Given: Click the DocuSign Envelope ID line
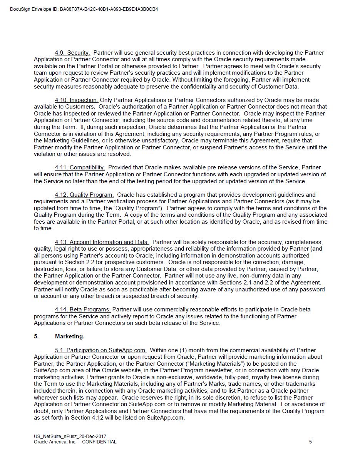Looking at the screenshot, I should pos(84,9).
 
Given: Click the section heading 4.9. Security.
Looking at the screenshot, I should pos(72,53).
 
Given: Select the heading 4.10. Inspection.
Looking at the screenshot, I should pos(76,100).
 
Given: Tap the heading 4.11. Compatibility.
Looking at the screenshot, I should pos(80,167).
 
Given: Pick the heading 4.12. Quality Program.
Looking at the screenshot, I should pos(84,195).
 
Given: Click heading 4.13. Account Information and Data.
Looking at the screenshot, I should pos(102,242).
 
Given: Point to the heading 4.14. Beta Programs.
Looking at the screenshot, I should pos(82,309).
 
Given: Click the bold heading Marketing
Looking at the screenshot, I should pos(70,336).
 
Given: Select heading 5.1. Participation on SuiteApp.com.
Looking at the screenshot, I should pos(100,350).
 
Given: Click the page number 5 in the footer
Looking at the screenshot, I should pos(310,442).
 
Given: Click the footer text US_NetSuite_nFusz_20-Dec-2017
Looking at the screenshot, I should pos(70,437).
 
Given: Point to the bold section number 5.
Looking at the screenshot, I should pos(36,336).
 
